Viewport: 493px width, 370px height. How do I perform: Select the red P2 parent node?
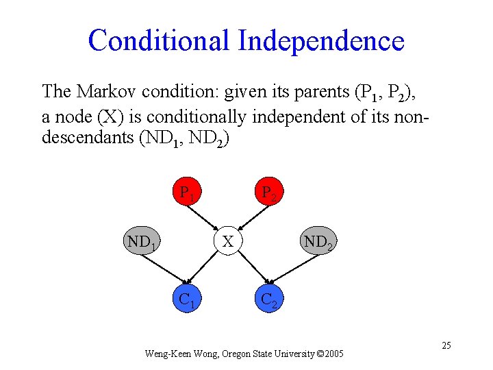pyautogui.click(x=268, y=194)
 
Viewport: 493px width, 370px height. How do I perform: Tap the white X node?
pyautogui.click(x=228, y=241)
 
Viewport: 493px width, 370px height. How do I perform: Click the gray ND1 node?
pyautogui.click(x=143, y=242)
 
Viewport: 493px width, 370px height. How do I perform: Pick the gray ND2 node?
pyautogui.click(x=318, y=242)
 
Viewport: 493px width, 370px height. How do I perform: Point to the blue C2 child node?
pyautogui.click(x=268, y=300)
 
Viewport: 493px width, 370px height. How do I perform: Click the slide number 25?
pyautogui.click(x=446, y=345)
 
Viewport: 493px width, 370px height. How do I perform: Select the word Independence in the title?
pyautogui.click(x=321, y=40)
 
